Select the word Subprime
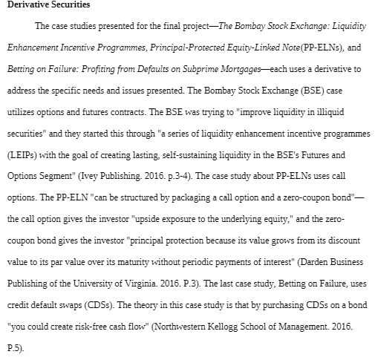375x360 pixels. pyautogui.click(x=235, y=68)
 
